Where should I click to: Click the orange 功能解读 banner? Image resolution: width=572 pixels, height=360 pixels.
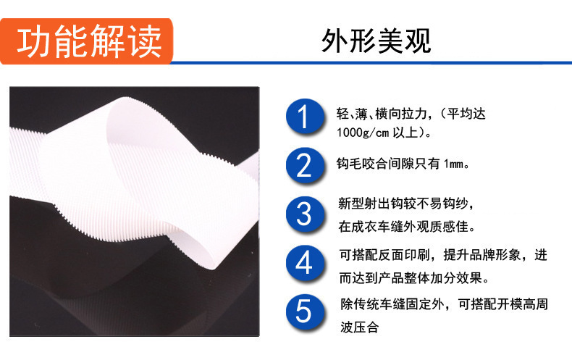click(x=86, y=41)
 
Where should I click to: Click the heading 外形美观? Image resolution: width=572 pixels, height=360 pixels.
click(x=376, y=41)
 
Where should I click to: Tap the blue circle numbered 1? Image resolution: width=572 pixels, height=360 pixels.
click(x=305, y=117)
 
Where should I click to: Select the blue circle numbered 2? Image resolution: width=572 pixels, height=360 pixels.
click(x=305, y=165)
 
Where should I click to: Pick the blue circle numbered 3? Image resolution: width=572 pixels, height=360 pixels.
click(x=305, y=214)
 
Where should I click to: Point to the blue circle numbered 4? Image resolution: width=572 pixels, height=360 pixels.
click(x=305, y=263)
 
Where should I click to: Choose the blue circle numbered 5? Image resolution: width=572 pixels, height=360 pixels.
click(x=305, y=311)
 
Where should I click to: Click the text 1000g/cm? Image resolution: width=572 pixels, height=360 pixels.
click(x=363, y=133)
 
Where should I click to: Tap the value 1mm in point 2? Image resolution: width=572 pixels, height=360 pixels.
click(x=453, y=164)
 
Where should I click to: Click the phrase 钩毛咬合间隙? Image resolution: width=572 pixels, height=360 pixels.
click(x=382, y=164)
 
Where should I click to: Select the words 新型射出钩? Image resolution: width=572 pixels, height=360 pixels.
click(x=370, y=204)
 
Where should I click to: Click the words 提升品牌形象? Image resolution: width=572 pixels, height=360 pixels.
click(x=482, y=255)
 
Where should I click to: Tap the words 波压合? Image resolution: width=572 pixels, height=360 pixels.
click(x=359, y=327)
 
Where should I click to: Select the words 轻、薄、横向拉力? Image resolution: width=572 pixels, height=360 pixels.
click(x=381, y=114)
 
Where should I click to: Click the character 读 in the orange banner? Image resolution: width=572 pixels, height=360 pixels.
click(x=146, y=41)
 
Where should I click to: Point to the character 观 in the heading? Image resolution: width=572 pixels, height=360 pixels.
click(x=418, y=41)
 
